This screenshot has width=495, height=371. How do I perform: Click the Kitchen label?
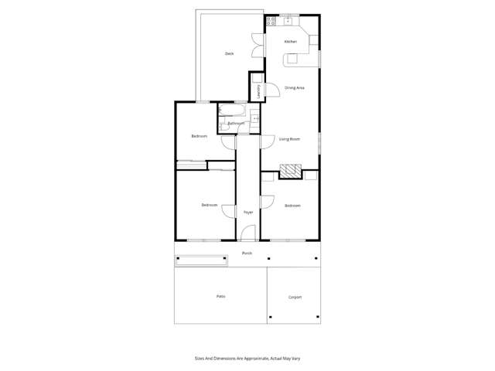pyautogui.click(x=291, y=42)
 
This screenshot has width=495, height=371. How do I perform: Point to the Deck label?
pyautogui.click(x=230, y=53)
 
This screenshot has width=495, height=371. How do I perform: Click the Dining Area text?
pyautogui.click(x=294, y=88)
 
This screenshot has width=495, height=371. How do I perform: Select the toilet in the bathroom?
pyautogui.click(x=225, y=123)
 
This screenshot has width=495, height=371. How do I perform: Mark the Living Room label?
pyautogui.click(x=290, y=139)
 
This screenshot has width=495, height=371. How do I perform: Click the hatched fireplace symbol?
pyautogui.click(x=289, y=171)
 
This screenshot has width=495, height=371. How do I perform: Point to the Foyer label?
pyautogui.click(x=248, y=212)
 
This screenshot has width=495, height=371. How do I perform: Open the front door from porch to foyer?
pyautogui.click(x=247, y=233)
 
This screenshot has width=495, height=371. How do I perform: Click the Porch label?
pyautogui.click(x=247, y=254)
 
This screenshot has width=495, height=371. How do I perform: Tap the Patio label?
pyautogui.click(x=220, y=296)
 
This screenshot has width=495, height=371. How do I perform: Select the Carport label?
pyautogui.click(x=295, y=297)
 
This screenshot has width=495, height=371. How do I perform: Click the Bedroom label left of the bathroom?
pyautogui.click(x=200, y=136)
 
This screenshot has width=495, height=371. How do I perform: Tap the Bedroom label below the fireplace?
pyautogui.click(x=292, y=206)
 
